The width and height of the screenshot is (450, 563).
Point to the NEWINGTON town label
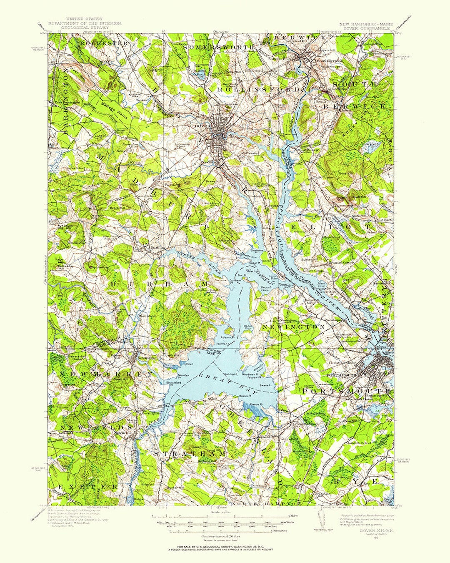(x=293, y=327)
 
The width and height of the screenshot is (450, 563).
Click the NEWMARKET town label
(x=106, y=374)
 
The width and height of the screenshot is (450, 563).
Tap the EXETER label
(x=87, y=487)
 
